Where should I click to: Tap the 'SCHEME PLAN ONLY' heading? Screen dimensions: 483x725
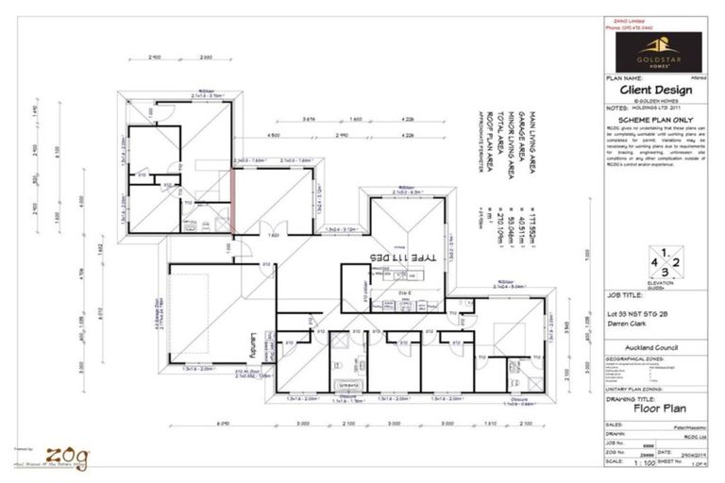coord(652,121)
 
